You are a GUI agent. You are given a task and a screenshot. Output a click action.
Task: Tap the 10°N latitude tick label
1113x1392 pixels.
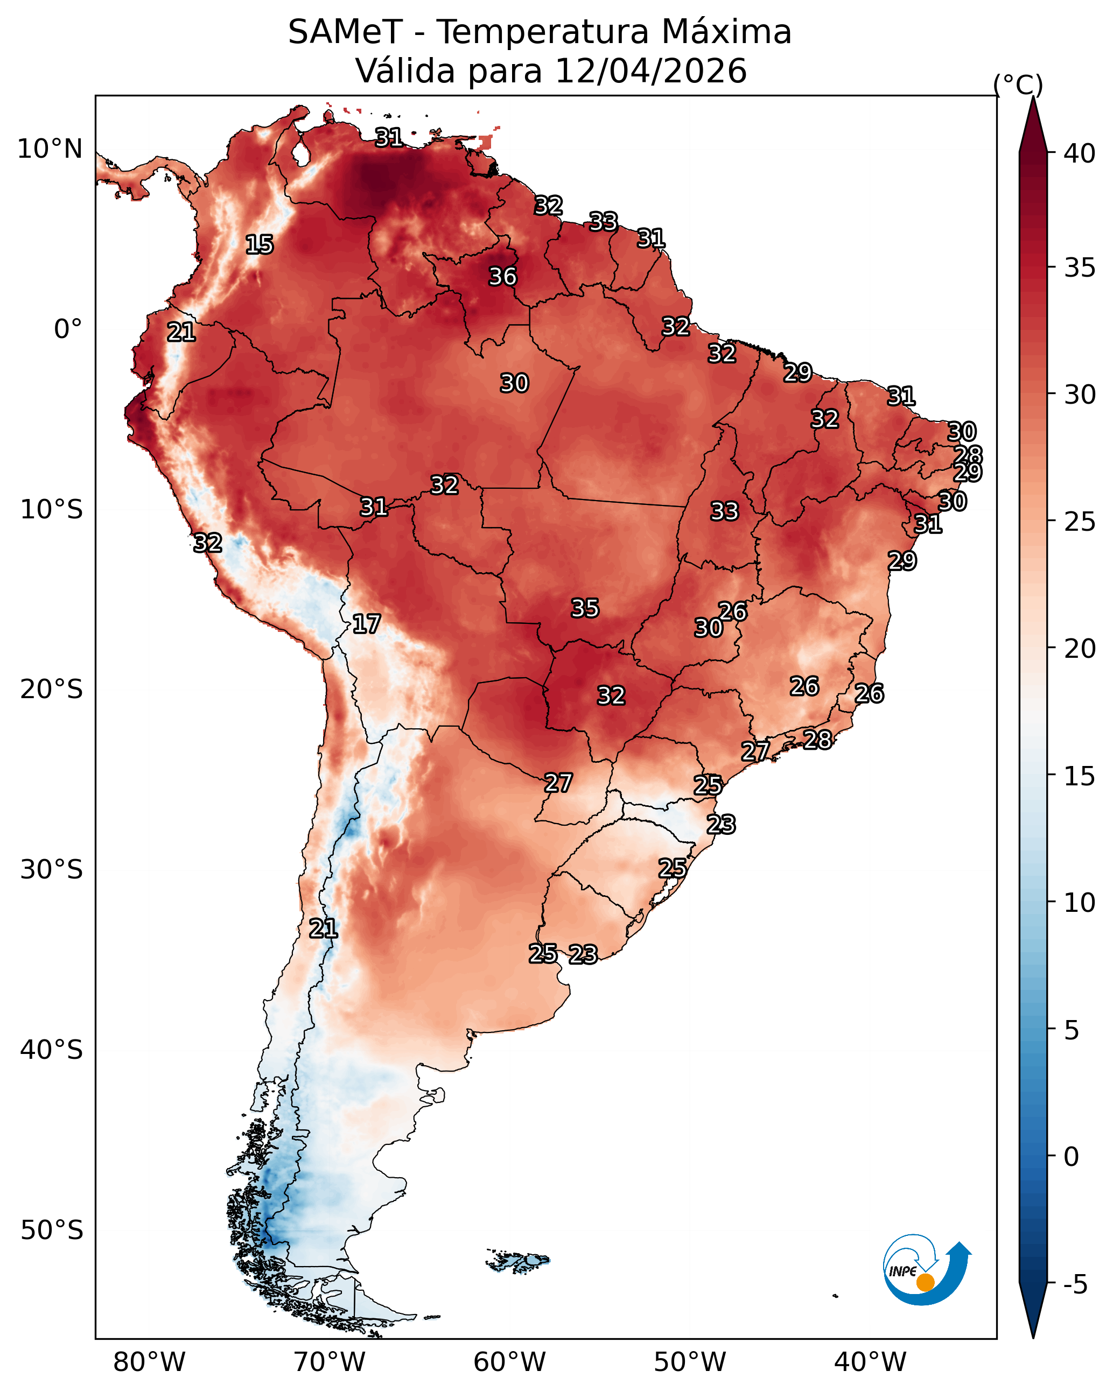(50, 149)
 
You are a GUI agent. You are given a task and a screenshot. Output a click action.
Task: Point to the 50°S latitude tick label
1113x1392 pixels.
(52, 1231)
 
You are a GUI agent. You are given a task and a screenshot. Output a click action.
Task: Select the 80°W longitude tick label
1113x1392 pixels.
(149, 1362)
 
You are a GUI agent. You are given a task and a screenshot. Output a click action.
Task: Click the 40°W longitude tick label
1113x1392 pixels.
(870, 1362)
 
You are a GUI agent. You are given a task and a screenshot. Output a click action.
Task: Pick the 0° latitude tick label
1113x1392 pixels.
(68, 329)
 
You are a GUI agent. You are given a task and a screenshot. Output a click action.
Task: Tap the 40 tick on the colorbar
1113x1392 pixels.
(1080, 153)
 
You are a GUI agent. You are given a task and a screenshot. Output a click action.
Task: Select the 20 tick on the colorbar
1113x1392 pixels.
(1080, 648)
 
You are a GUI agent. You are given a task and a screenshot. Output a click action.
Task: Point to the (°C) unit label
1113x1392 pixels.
(1018, 85)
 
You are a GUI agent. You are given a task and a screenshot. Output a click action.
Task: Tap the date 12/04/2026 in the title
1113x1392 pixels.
(650, 71)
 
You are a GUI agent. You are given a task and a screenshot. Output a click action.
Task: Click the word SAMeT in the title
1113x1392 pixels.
(345, 32)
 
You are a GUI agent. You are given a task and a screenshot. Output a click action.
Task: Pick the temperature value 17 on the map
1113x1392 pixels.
(366, 624)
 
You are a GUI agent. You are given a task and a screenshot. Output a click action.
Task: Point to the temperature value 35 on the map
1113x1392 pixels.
(585, 608)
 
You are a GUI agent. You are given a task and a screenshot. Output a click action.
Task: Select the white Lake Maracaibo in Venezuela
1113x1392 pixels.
(300, 153)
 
